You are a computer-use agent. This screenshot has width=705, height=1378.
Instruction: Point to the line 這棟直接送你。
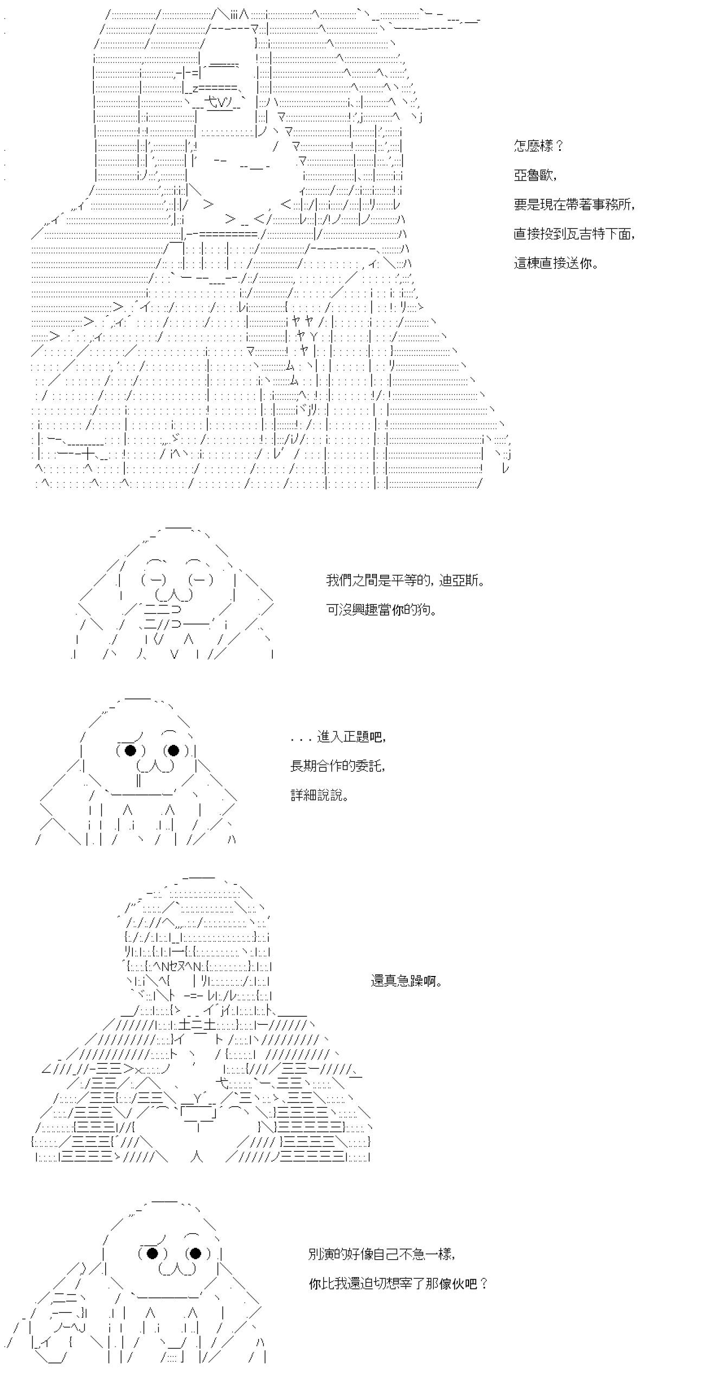(556, 263)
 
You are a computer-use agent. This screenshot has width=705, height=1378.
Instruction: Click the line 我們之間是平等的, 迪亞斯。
(405, 580)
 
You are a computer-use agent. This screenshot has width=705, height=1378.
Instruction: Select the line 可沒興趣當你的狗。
(382, 610)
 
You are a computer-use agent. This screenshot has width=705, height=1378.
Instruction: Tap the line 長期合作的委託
(338, 767)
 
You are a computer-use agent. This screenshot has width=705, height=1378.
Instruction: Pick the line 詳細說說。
(319, 796)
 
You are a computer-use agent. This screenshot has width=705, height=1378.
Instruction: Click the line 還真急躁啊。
(407, 981)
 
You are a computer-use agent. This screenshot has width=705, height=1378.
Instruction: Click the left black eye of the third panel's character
(131, 750)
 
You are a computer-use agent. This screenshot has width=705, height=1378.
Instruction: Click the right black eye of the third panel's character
(174, 750)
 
